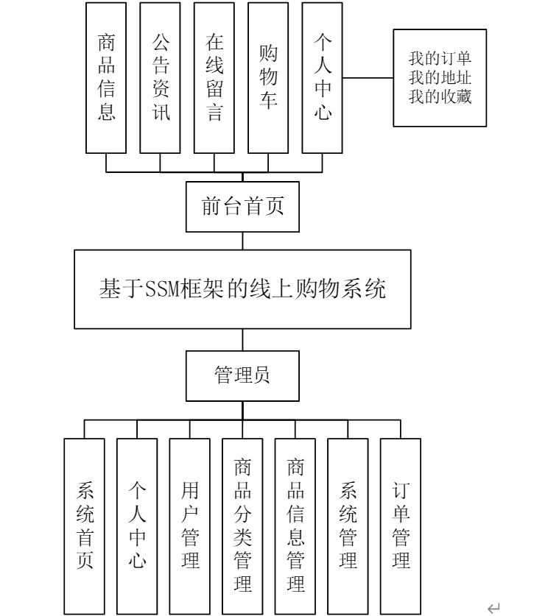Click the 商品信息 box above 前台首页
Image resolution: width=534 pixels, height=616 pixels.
pyautogui.click(x=106, y=77)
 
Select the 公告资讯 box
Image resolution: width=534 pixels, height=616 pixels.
pyautogui.click(x=160, y=77)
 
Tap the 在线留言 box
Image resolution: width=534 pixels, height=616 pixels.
pyautogui.click(x=214, y=77)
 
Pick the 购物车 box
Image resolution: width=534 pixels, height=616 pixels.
pyautogui.click(x=268, y=77)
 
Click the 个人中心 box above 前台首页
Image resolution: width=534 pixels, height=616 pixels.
pyautogui.click(x=322, y=77)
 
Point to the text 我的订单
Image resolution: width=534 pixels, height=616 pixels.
pyautogui.click(x=440, y=58)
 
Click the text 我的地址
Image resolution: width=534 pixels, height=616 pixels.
pyautogui.click(x=440, y=77)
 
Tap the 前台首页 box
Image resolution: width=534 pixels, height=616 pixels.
pyautogui.click(x=242, y=207)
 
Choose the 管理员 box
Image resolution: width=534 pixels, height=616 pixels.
pyautogui.click(x=242, y=375)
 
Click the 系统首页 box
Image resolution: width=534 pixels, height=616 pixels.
pyautogui.click(x=84, y=525)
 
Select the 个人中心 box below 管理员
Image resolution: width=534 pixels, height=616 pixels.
pyautogui.click(x=137, y=525)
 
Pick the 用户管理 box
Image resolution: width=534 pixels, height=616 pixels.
pyautogui.click(x=189, y=525)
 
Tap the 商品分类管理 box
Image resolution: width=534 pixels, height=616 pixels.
pyautogui.click(x=242, y=525)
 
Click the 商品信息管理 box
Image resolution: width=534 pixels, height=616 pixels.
pyautogui.click(x=295, y=525)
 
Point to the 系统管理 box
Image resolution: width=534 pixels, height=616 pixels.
pyautogui.click(x=348, y=525)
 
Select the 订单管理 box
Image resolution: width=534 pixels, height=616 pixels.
pyautogui.click(x=401, y=525)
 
